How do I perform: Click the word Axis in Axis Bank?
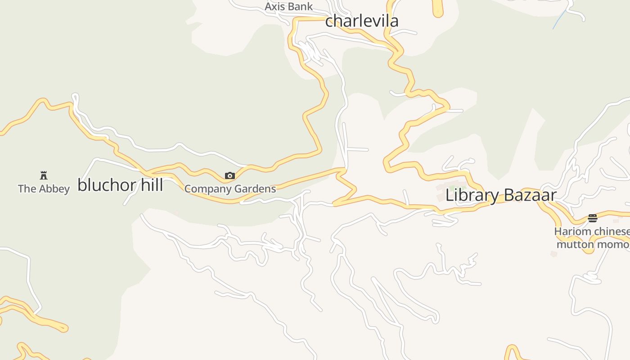coord(274,7)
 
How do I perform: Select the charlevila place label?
coord(362,21)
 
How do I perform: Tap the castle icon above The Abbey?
coord(44,175)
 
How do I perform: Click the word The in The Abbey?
coord(27,189)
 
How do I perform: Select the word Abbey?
coord(54,189)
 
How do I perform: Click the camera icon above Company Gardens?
coord(229,175)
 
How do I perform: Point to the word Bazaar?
coord(529,195)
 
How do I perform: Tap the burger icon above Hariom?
coord(592,218)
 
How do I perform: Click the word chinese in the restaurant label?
coord(611,232)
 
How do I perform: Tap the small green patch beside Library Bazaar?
coord(451,187)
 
